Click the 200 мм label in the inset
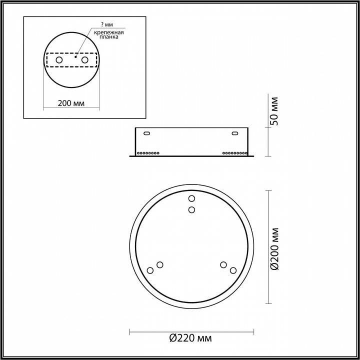70,103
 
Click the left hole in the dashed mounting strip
59,60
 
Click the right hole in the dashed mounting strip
84,60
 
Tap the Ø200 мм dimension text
274,248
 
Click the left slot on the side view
147,133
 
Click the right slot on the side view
234,133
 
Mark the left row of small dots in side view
148,152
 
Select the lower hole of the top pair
191,210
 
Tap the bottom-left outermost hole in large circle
150,270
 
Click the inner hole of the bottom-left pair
159,264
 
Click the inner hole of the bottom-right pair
223,264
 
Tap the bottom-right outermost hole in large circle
232,270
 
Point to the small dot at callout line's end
75,57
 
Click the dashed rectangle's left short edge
46,60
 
